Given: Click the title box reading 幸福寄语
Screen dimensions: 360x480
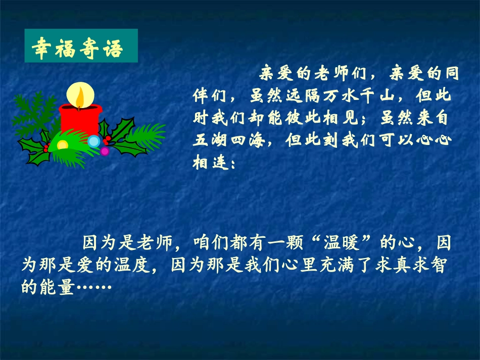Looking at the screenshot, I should pyautogui.click(x=81, y=46).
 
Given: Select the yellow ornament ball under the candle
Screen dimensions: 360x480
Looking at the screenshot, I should pyautogui.click(x=62, y=145).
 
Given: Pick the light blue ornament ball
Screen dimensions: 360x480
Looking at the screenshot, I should pyautogui.click(x=94, y=141).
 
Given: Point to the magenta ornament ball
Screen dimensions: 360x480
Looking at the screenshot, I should pyautogui.click(x=105, y=150).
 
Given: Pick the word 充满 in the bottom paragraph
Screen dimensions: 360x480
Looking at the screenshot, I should pyautogui.click(x=323, y=266).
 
